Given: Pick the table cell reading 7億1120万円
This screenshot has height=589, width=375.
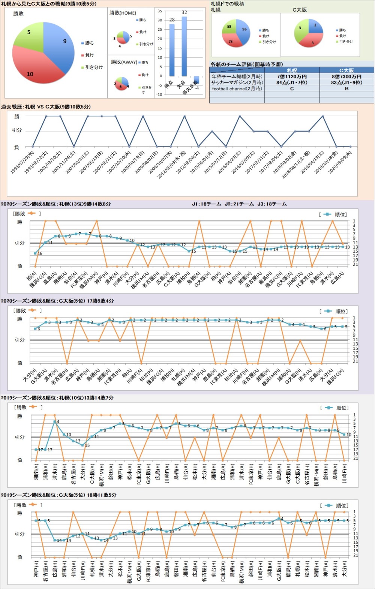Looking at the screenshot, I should (292, 76).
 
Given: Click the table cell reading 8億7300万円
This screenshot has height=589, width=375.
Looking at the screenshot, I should (346, 76).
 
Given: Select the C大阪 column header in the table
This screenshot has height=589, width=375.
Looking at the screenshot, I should (346, 70).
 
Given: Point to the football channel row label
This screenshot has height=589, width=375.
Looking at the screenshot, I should (237, 89).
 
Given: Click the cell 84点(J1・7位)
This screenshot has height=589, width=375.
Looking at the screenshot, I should (292, 82).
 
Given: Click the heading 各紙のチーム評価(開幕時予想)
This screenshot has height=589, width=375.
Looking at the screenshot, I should (247, 64).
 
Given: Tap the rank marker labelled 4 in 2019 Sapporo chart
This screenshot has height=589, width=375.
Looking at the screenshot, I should (55, 422).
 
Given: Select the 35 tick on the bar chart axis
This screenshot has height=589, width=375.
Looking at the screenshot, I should (160, 11).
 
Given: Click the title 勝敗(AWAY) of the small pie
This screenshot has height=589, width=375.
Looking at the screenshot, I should (124, 62).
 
